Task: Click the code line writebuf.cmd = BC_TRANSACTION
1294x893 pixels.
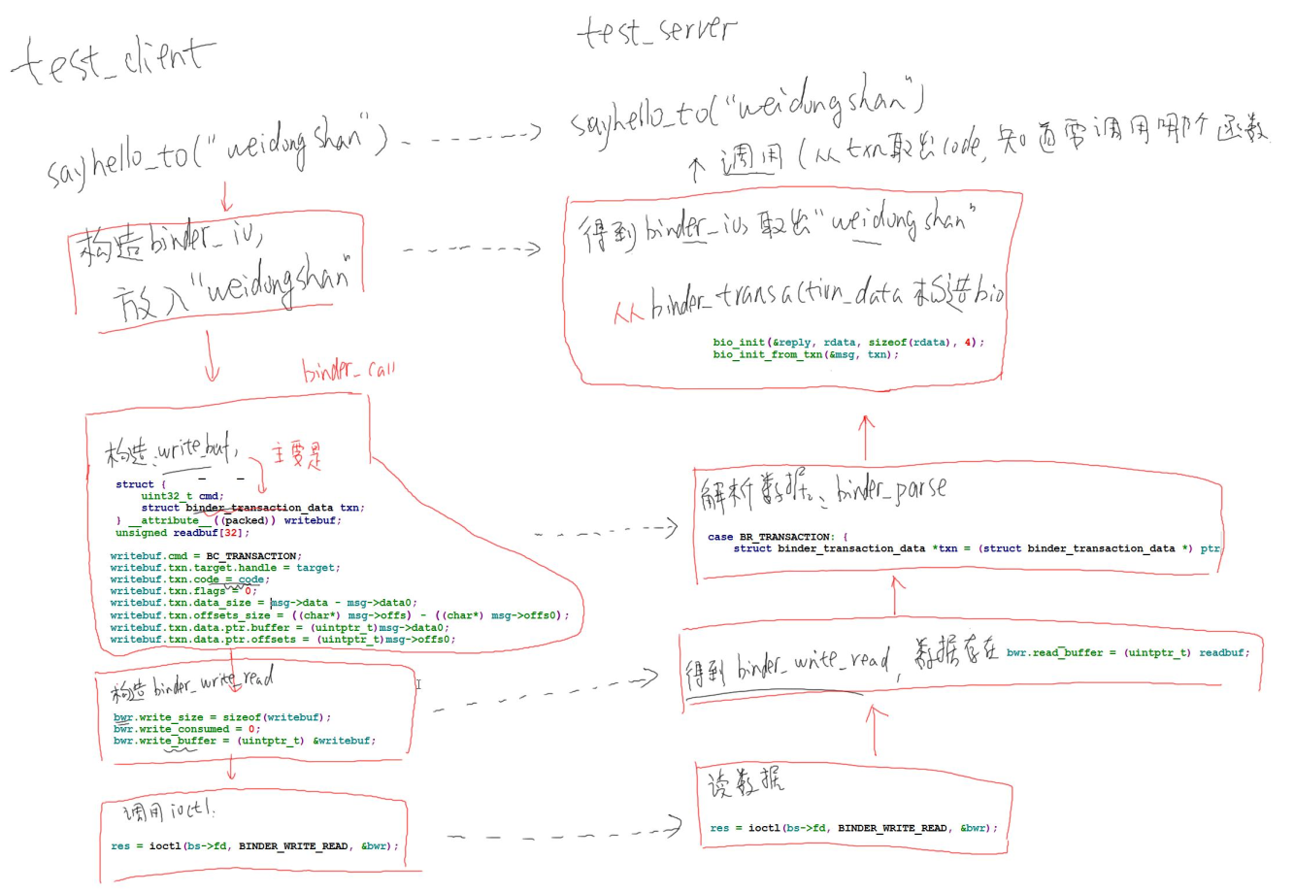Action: click(204, 556)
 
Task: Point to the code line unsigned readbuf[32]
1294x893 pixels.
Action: click(182, 532)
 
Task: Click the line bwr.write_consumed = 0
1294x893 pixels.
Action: click(186, 729)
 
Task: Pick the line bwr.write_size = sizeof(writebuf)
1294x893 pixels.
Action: click(222, 717)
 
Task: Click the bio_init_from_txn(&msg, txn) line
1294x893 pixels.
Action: click(806, 354)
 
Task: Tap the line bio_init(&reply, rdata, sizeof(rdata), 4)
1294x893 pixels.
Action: click(847, 343)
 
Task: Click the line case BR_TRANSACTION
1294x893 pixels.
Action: click(778, 537)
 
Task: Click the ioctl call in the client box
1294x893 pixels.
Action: click(254, 845)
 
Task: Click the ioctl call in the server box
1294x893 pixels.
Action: click(853, 828)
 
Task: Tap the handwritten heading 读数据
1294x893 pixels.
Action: click(745, 782)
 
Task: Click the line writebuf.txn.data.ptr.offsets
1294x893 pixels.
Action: click(282, 639)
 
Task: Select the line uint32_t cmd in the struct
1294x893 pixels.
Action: click(182, 496)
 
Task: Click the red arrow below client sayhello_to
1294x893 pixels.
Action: click(227, 197)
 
